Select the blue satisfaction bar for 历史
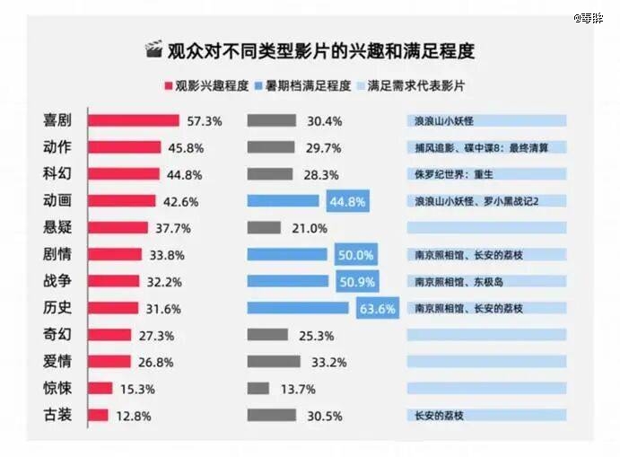[x=298, y=309]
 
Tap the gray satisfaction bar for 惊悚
[x=258, y=389]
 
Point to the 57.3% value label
[x=205, y=121]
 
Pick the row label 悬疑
[x=57, y=228]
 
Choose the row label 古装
[x=57, y=416]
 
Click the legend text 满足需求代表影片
[x=423, y=87]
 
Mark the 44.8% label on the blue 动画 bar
[x=347, y=202]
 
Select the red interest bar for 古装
[x=100, y=416]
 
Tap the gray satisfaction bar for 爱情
[x=274, y=362]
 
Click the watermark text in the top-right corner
[x=589, y=17]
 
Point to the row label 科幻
[x=57, y=174]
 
